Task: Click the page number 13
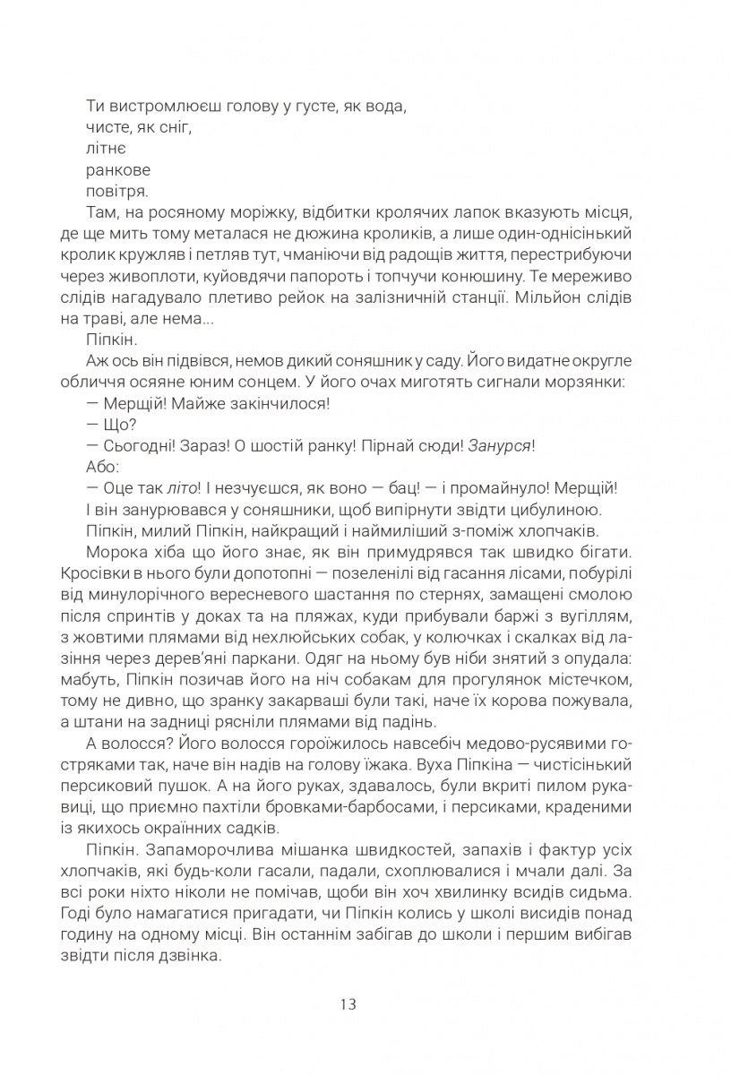tap(348, 1004)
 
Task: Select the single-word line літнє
tap(106, 148)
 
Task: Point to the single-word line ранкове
tap(118, 169)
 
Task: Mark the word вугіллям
tap(601, 616)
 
